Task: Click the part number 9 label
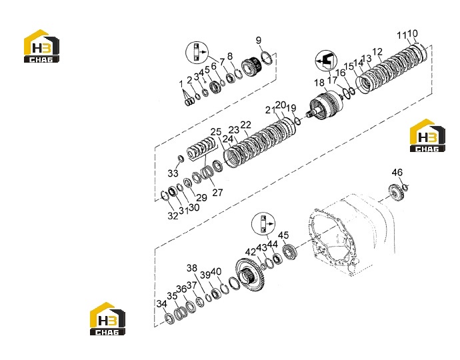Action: [258, 40]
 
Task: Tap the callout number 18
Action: [319, 83]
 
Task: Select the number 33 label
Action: [173, 173]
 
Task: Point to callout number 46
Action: [397, 172]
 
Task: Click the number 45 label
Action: [283, 235]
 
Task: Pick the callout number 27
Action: [217, 193]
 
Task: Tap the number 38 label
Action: [192, 268]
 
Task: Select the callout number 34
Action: [161, 304]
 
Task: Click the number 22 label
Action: [246, 125]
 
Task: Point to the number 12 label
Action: [377, 52]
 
